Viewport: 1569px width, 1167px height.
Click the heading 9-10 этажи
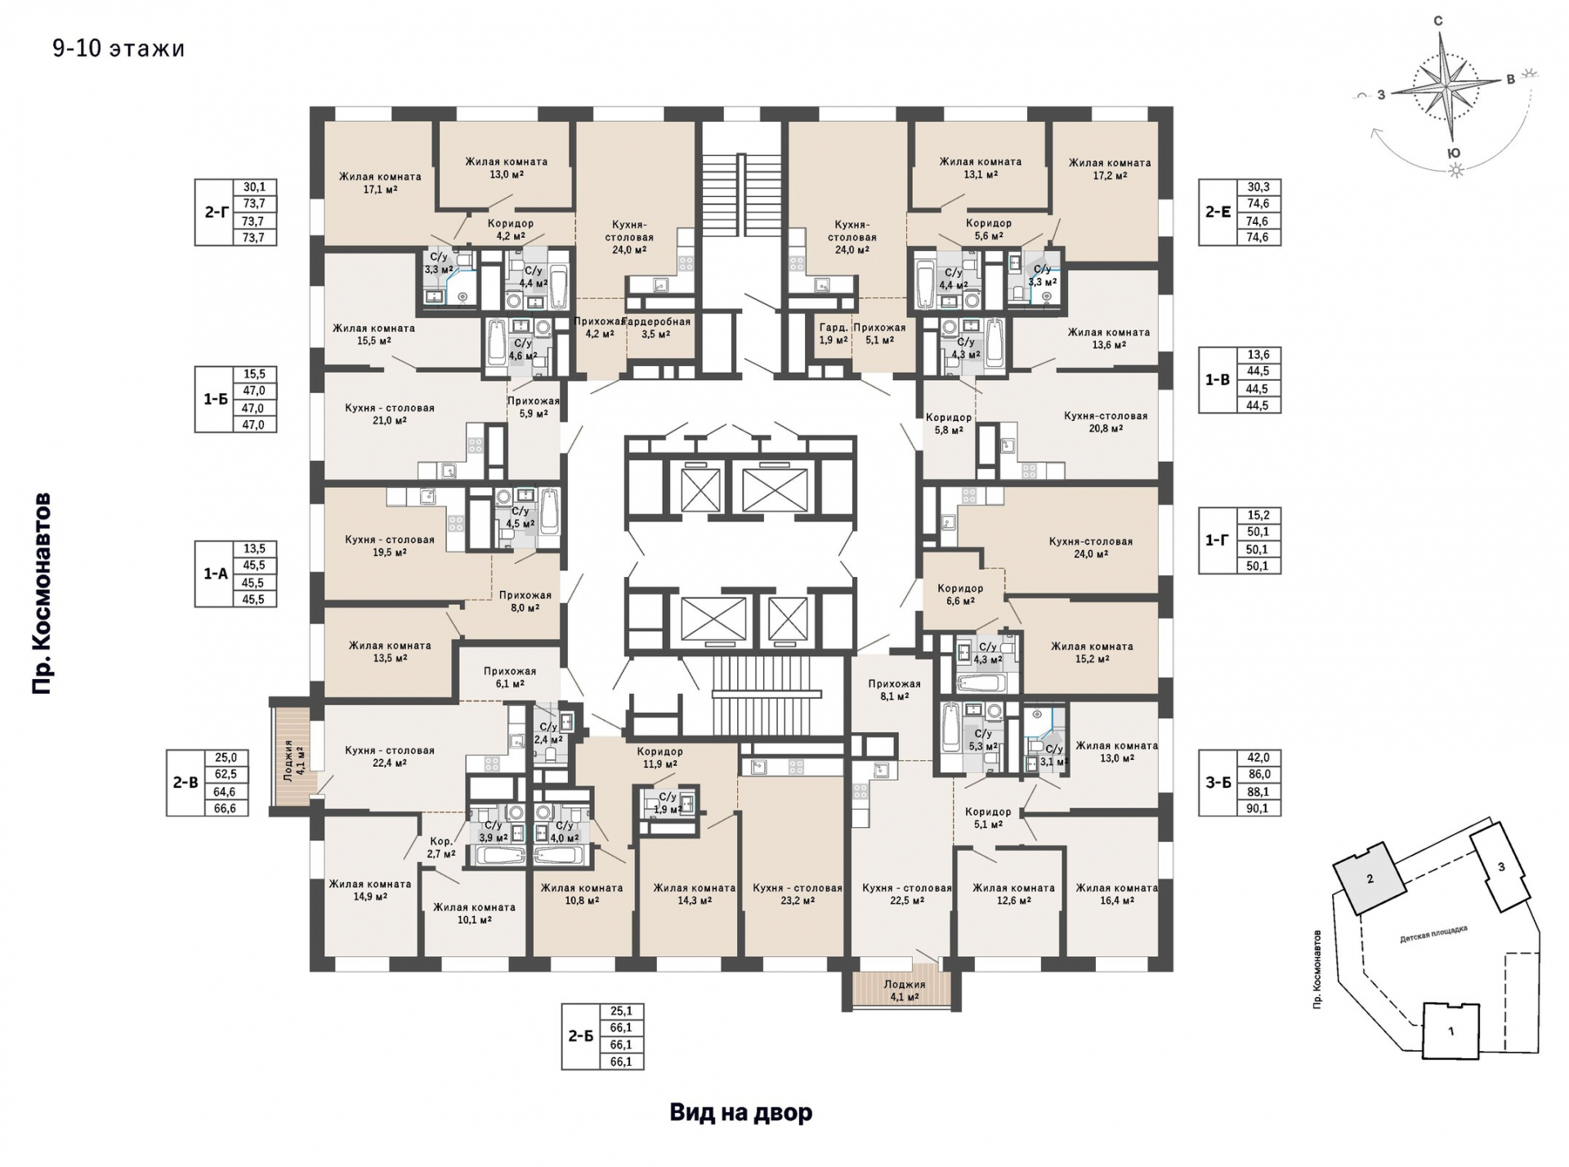click(118, 49)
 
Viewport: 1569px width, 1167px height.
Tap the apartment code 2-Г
click(216, 212)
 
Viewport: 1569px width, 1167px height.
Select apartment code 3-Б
click(1218, 783)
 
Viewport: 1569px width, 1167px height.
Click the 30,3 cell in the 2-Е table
click(1258, 187)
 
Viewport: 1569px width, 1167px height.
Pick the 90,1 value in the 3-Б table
click(1258, 808)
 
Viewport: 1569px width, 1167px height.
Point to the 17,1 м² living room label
click(380, 182)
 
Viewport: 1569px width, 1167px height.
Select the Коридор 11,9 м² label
click(659, 758)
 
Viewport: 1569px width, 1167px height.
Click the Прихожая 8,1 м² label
click(894, 691)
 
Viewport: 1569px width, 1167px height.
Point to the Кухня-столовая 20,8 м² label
click(1106, 422)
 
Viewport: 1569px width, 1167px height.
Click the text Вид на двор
click(741, 1112)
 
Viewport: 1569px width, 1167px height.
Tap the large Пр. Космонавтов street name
click(42, 593)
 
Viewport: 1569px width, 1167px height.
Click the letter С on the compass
click(1438, 21)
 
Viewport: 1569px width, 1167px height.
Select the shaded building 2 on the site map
click(1370, 879)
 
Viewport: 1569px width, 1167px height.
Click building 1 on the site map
click(1451, 1031)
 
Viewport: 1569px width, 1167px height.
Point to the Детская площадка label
click(1433, 934)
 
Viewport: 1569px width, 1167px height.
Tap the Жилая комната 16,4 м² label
click(1116, 894)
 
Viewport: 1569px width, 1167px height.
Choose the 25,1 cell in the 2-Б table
click(621, 1011)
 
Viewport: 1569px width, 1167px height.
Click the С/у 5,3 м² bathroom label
click(983, 740)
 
